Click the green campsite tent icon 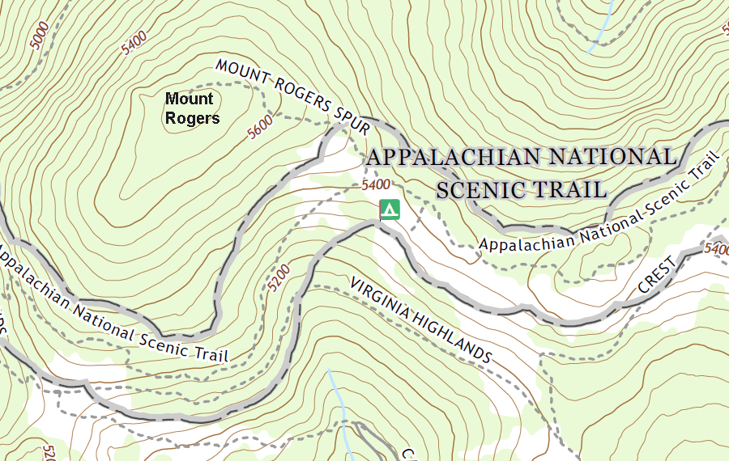[x=390, y=209]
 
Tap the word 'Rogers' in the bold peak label [x=192, y=119]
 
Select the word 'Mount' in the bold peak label [x=190, y=99]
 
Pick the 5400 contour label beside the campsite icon [x=377, y=184]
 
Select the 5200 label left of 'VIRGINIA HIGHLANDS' [x=278, y=277]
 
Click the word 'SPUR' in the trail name [x=352, y=121]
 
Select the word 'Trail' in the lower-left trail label [x=211, y=353]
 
